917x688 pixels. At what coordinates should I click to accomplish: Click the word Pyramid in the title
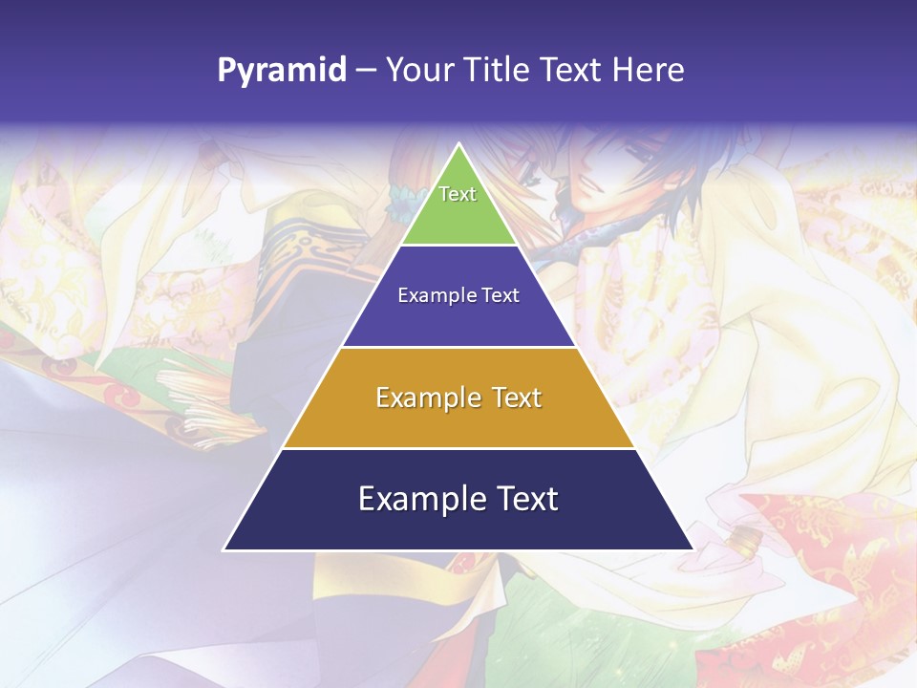[282, 71]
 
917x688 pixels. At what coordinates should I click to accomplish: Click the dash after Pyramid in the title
[366, 71]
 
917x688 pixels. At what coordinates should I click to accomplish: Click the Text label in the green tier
[458, 194]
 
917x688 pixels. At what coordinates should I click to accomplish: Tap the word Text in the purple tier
[501, 295]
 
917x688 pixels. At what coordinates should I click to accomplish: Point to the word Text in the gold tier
[515, 398]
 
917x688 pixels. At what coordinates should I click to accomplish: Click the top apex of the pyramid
[458, 145]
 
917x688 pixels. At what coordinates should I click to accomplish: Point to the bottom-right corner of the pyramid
[692, 549]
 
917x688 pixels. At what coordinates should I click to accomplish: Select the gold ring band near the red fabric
[744, 542]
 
